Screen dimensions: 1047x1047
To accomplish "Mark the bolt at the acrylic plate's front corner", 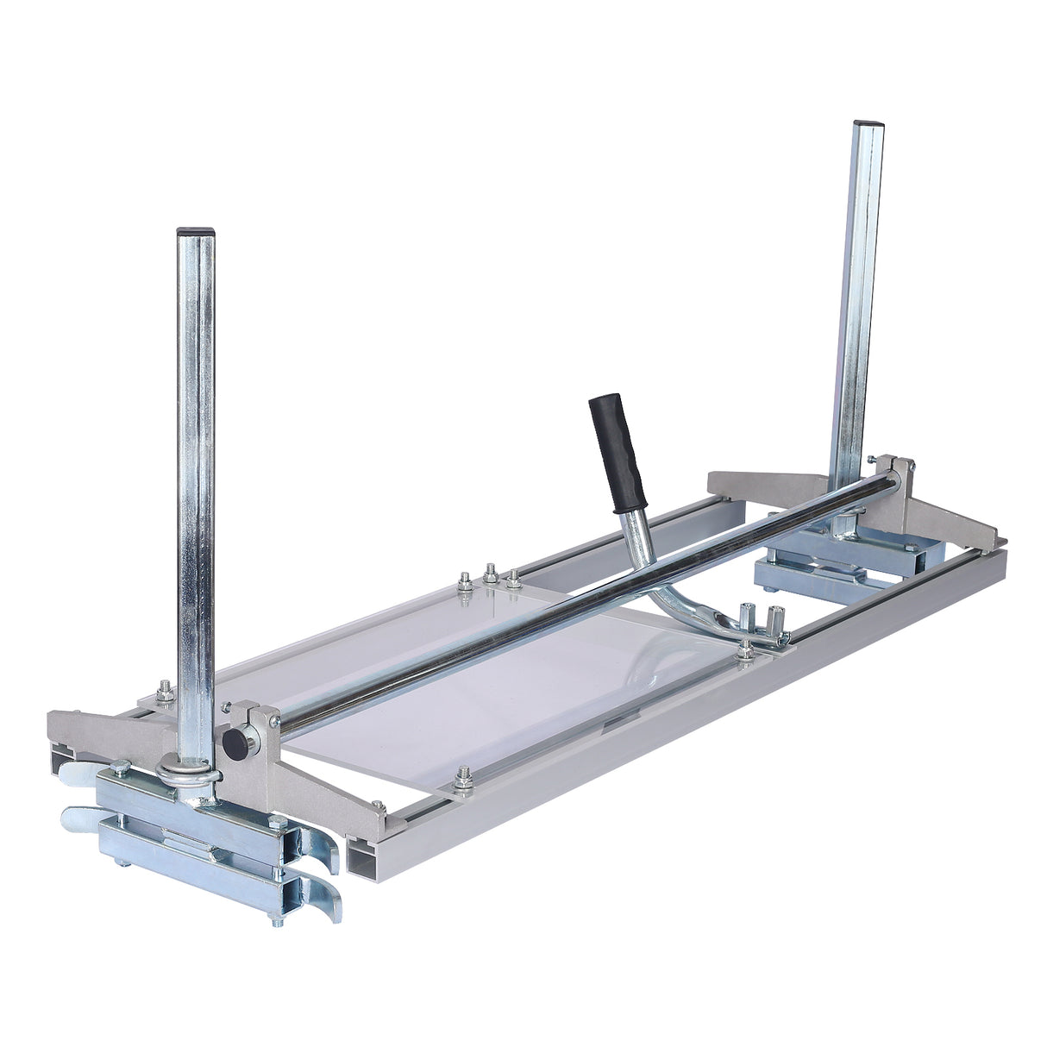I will pos(463,781).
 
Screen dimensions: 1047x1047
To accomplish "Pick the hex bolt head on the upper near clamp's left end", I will pos(120,768).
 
